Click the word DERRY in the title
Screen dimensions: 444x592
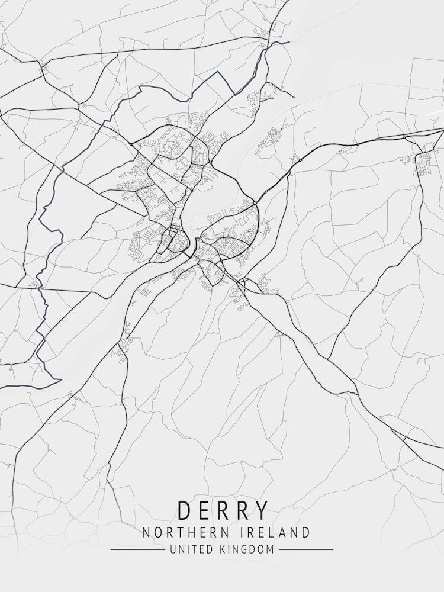click(222, 510)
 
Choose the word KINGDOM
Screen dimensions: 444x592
click(249, 550)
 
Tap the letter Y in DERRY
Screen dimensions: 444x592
click(261, 510)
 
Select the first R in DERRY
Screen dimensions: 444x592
click(223, 510)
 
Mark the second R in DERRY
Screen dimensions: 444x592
click(242, 510)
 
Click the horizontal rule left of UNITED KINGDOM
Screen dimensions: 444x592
click(138, 549)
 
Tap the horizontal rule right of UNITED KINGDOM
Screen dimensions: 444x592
click(306, 549)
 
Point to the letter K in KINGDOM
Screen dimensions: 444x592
click(225, 550)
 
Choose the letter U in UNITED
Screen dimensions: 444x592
click(173, 550)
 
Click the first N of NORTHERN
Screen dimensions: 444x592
click(146, 532)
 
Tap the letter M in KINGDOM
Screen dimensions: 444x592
click(271, 550)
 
